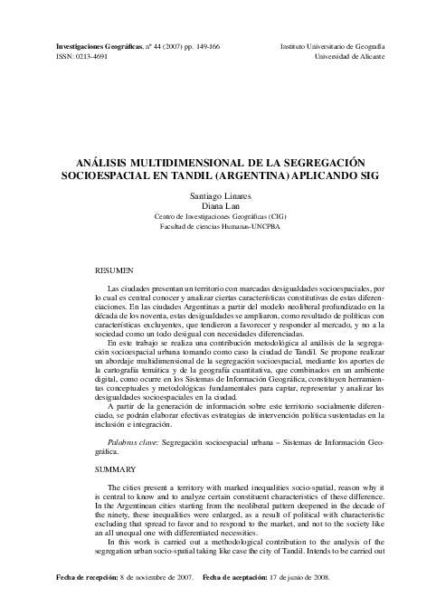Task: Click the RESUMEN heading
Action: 115,270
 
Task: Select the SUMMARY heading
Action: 117,469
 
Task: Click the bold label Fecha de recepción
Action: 65,576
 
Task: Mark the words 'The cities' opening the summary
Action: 124,487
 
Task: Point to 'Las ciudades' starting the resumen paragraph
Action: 128,287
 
